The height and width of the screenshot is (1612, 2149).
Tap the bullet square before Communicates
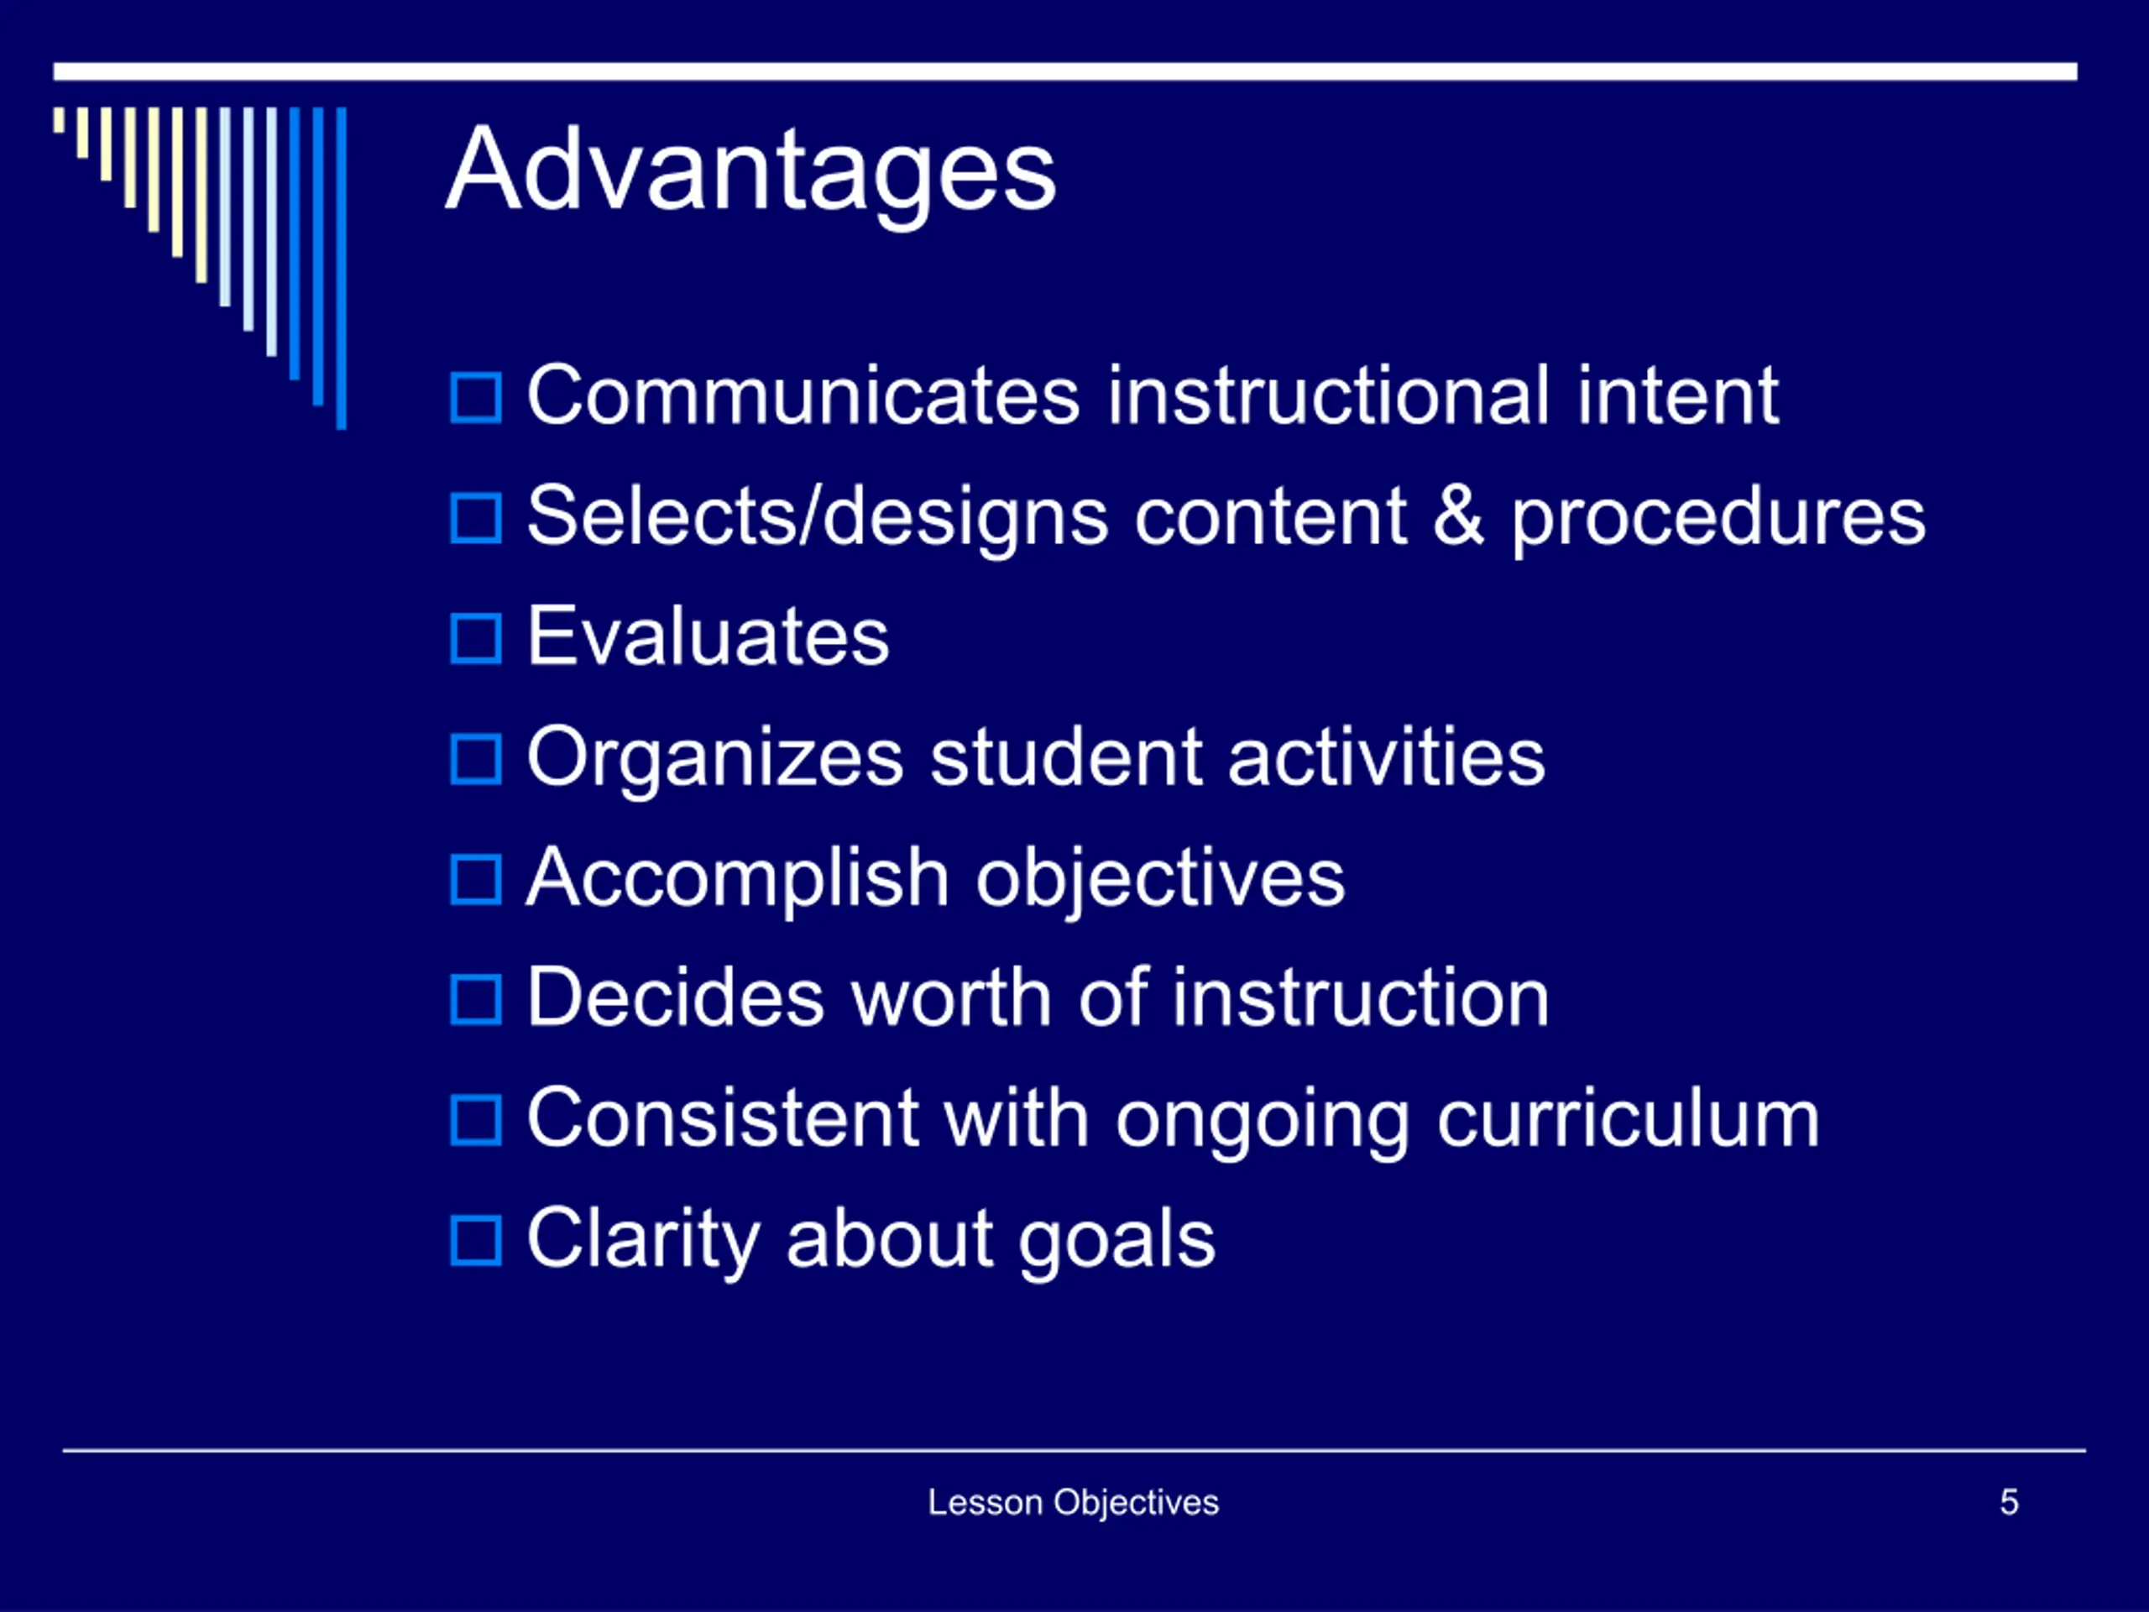[x=476, y=399]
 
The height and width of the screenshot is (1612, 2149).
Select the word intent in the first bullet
[x=1678, y=395]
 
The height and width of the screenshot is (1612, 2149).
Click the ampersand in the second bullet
[x=1458, y=516]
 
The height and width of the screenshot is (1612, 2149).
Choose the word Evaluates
[x=708, y=636]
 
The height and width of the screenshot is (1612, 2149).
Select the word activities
[x=1387, y=757]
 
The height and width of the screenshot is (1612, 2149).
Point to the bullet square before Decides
[x=476, y=1001]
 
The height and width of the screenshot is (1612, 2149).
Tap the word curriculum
[x=1629, y=1118]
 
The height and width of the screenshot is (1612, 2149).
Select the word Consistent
[x=724, y=1118]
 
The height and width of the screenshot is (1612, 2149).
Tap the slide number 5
[x=2009, y=1502]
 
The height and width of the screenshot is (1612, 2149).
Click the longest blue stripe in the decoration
[x=341, y=268]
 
